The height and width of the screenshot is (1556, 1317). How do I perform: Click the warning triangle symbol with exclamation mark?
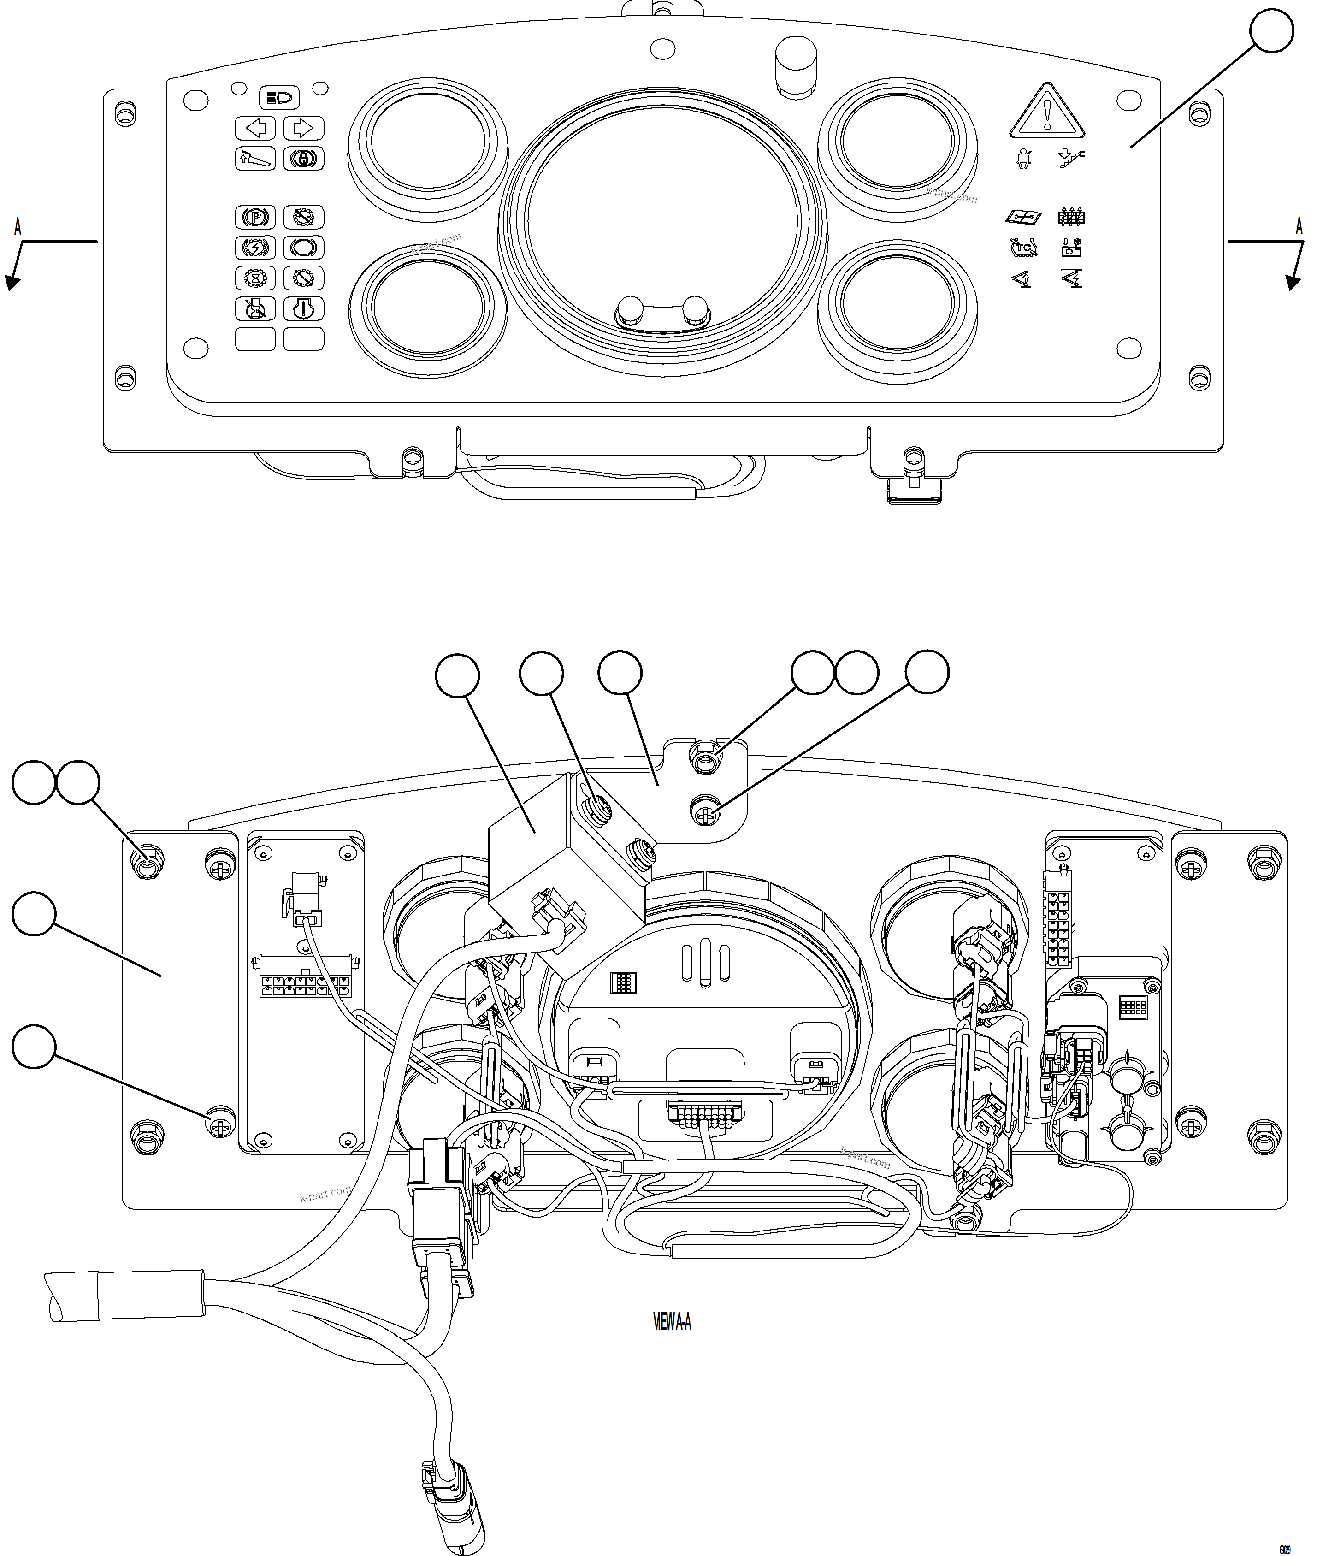(x=1047, y=112)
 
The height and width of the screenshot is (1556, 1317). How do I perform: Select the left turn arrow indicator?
(x=255, y=129)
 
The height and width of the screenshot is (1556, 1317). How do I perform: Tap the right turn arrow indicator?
(x=303, y=129)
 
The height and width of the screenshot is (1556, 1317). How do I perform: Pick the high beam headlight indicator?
(x=279, y=98)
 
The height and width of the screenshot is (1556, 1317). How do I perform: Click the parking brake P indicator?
(x=255, y=217)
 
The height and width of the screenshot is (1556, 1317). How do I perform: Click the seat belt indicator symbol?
(x=1024, y=158)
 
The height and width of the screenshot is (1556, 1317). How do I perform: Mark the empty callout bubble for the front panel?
(x=1271, y=30)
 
